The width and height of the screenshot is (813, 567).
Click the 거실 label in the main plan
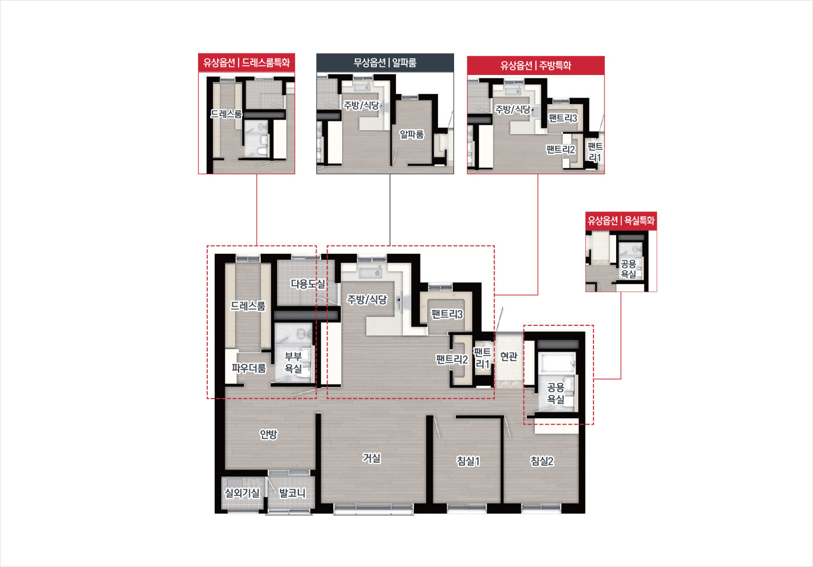pos(372,458)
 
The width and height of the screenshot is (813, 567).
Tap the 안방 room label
pos(268,434)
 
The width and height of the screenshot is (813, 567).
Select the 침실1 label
pos(468,461)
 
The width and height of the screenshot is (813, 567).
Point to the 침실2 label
pos(542,461)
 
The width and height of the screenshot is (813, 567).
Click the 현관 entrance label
pos(509,357)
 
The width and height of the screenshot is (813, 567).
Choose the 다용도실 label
pos(308,284)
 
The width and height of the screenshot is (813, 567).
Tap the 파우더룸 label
pos(249,368)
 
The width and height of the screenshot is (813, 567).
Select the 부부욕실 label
pos(293,363)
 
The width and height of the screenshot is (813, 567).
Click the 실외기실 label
pos(242,493)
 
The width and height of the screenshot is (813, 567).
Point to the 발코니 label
pos(292,493)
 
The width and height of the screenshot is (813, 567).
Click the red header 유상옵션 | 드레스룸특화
pos(246,63)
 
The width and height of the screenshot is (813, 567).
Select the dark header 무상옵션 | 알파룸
pos(385,63)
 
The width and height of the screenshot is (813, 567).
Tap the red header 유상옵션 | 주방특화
pos(535,65)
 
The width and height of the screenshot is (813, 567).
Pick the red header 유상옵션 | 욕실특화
pos(621,220)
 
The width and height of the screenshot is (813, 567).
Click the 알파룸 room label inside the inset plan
pos(412,134)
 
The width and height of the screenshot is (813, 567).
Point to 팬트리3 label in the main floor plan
pos(447,314)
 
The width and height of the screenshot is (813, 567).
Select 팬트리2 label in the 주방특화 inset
pos(561,149)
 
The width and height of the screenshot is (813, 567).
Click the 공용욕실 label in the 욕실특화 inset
pos(628,269)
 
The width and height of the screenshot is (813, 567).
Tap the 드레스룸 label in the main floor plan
pos(248,306)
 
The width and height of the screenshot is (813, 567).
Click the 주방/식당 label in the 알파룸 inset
pos(361,105)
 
